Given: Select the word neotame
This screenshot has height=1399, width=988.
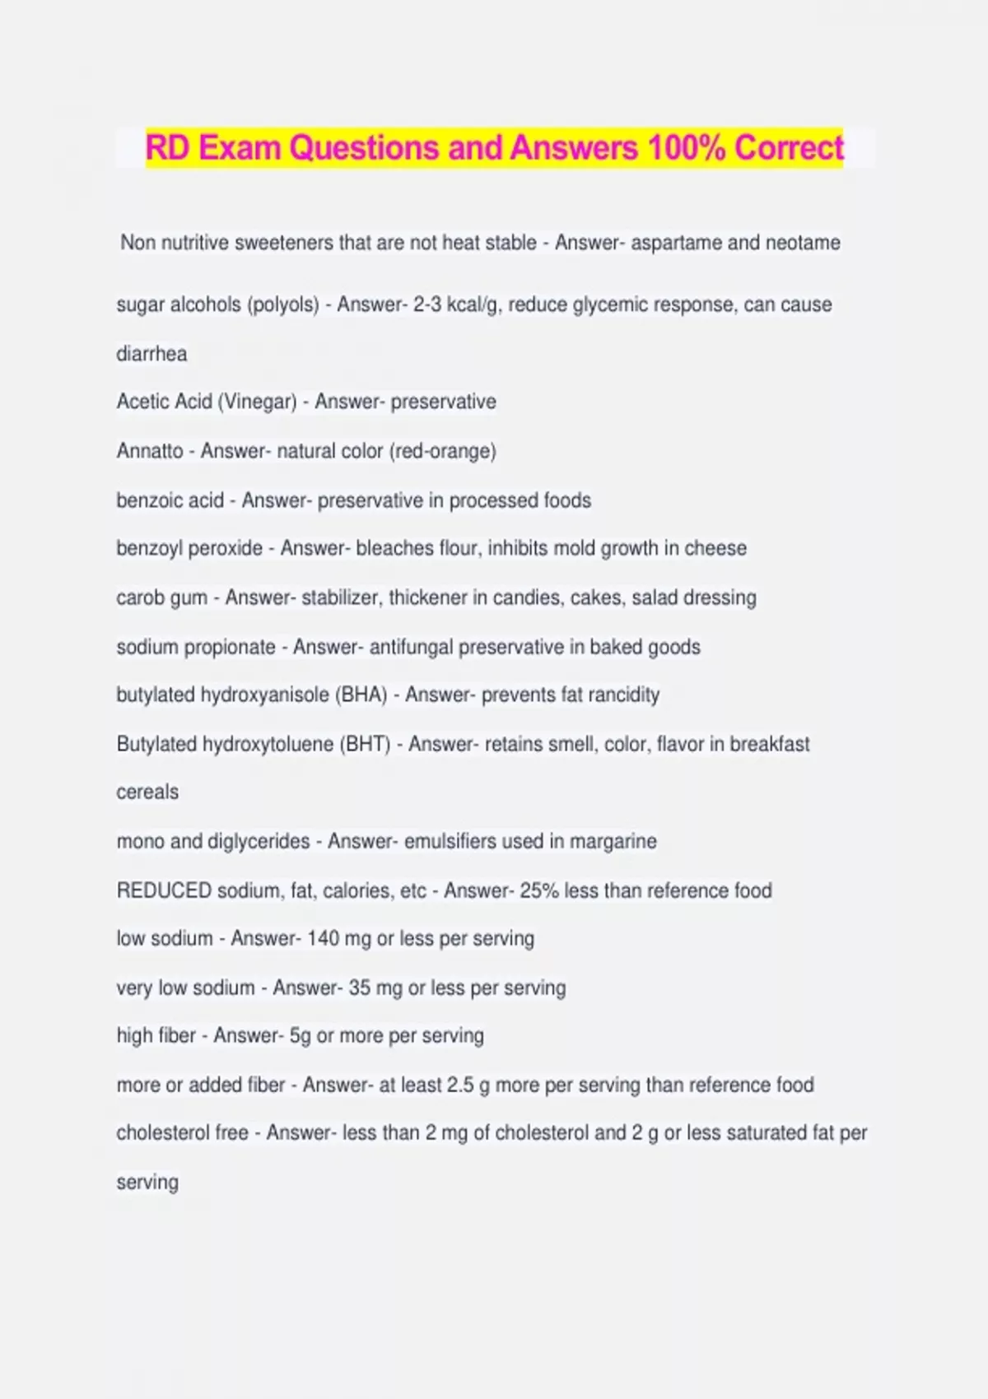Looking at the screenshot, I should (x=803, y=243).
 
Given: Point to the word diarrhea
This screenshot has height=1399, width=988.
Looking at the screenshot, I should (x=151, y=354).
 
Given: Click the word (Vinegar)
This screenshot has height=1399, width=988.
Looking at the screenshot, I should (x=257, y=402).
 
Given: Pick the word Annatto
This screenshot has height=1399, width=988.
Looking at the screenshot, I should (x=150, y=451).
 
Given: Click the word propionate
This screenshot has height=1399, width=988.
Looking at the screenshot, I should (x=230, y=647).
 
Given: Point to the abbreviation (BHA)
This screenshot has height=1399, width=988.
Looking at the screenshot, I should (x=361, y=695).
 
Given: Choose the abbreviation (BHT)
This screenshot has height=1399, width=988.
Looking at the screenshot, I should (x=365, y=744).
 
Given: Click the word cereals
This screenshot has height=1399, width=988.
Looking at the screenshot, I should (x=147, y=792).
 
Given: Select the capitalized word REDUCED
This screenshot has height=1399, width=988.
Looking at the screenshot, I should (x=165, y=890).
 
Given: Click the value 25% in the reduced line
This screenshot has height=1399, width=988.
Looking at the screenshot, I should (x=538, y=890).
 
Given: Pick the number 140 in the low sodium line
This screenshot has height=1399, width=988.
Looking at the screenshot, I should (x=323, y=938).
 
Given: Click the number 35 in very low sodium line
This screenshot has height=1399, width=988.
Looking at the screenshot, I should (x=359, y=988).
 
